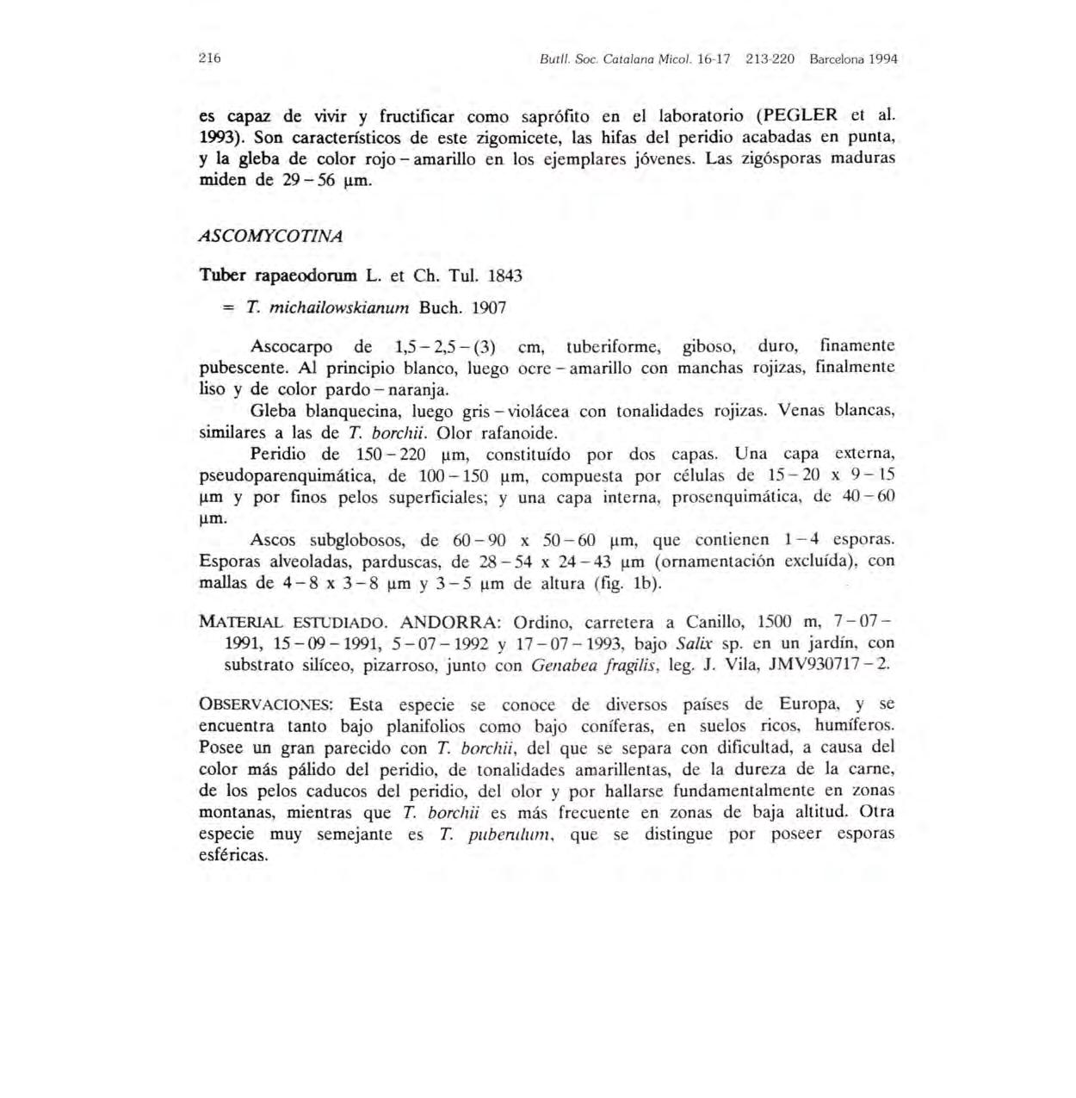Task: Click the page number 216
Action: (210, 59)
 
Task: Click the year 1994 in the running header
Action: (882, 59)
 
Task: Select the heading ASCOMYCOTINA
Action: (270, 235)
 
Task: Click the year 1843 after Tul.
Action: (504, 276)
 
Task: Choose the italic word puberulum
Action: (512, 834)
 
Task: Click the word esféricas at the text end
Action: (233, 855)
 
